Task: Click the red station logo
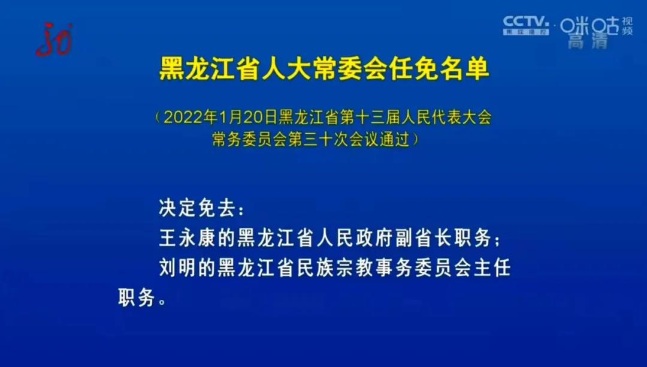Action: click(54, 39)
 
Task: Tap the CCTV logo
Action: click(525, 25)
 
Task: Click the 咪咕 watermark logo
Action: click(589, 25)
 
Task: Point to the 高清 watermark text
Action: click(588, 41)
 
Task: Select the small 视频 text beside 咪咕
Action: click(627, 26)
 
